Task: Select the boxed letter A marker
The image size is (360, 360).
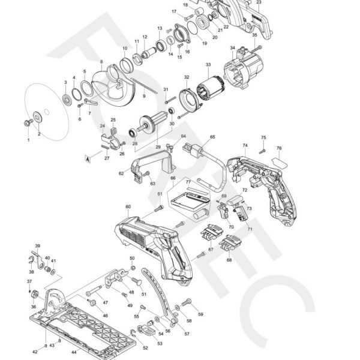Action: [x=88, y=160]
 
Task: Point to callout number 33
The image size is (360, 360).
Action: [x=208, y=64]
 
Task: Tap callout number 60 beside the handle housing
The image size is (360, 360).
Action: [x=128, y=206]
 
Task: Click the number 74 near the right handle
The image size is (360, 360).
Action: [x=245, y=146]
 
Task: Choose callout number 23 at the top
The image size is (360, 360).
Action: [x=259, y=3]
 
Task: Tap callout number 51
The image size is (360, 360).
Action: [x=144, y=294]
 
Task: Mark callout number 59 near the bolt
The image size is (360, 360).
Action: [x=200, y=314]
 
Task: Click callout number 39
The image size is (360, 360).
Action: [x=37, y=246]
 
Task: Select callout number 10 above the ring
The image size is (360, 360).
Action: [x=125, y=49]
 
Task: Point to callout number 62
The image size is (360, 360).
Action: [x=121, y=173]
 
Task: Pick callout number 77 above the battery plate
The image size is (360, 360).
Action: [x=188, y=181]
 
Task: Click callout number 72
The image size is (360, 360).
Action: [x=244, y=190]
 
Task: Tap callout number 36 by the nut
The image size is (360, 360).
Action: [x=33, y=307]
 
